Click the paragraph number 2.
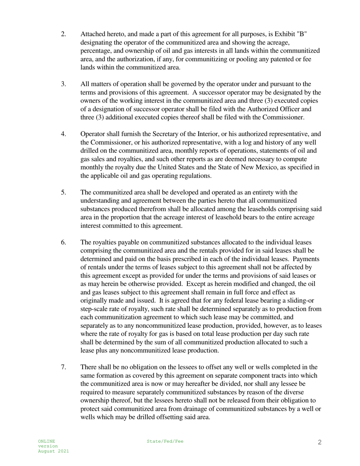tap(63, 34)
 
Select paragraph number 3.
tap(63, 84)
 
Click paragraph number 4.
tap(63, 134)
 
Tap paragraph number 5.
tap(63, 192)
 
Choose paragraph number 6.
tap(63, 242)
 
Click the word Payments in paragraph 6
tap(306, 259)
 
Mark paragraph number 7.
tap(63, 367)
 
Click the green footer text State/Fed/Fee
tap(165, 441)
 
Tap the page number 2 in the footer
tap(319, 442)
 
